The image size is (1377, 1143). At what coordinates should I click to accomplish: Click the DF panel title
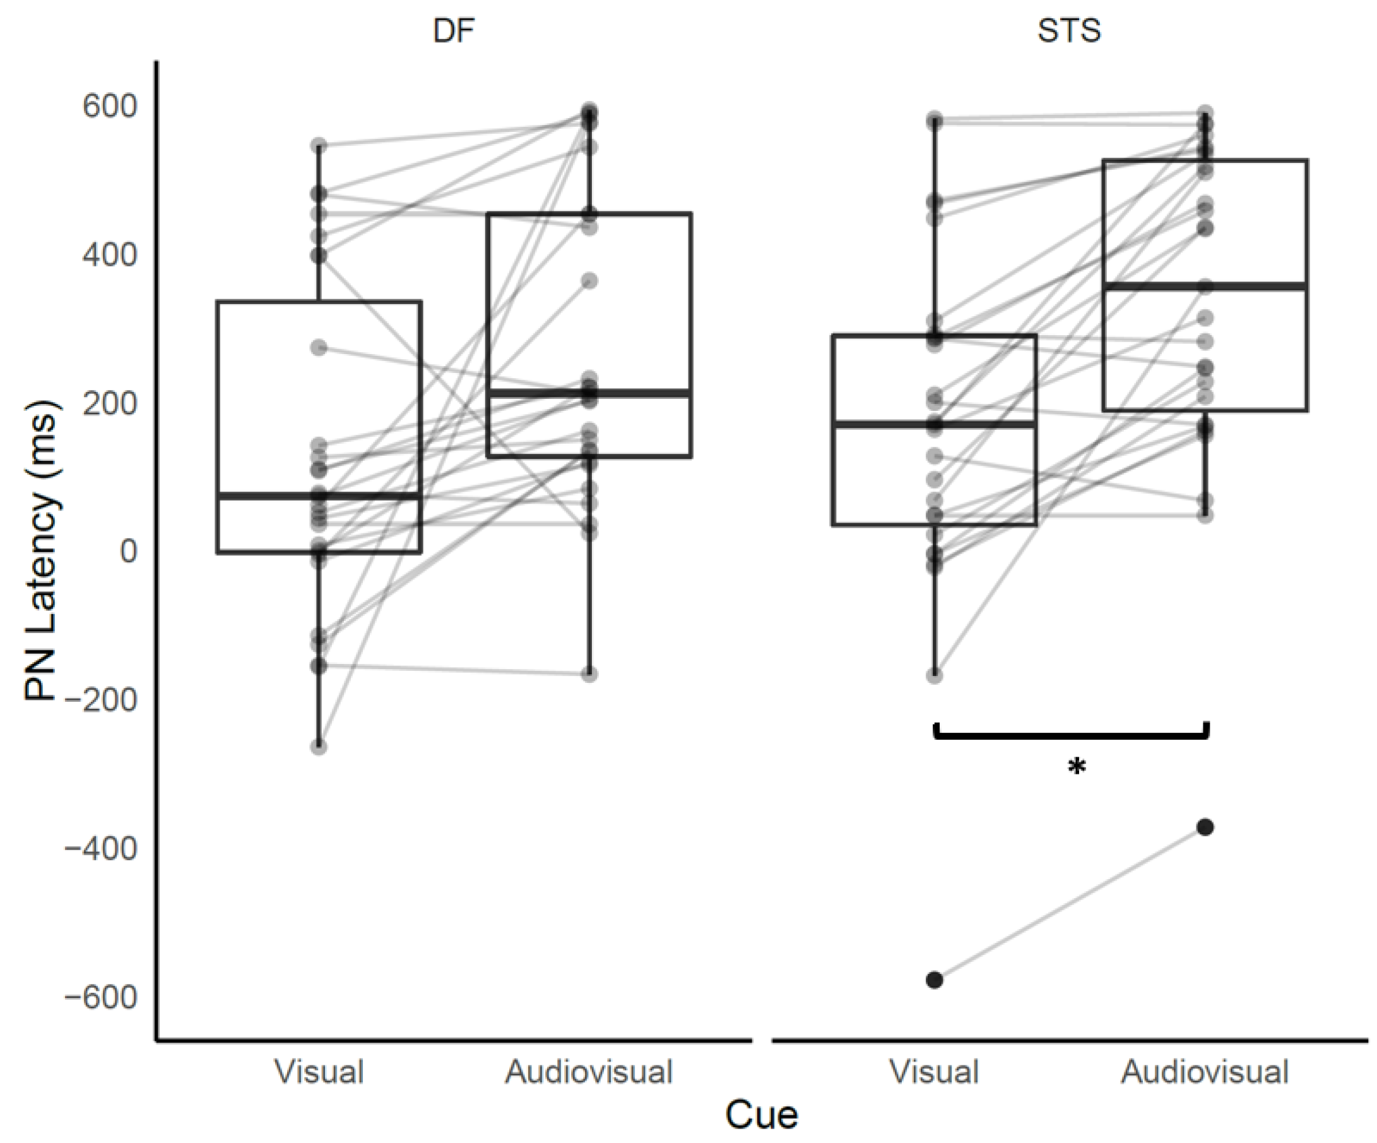coord(453,31)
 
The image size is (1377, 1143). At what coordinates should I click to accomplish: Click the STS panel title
coord(1069,31)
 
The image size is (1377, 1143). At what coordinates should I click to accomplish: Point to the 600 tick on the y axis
coord(109,107)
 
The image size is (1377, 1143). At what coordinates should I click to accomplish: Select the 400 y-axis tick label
coord(109,255)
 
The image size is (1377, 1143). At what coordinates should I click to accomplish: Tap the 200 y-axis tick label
coord(109,403)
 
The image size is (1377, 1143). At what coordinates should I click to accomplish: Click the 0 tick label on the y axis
coord(128,552)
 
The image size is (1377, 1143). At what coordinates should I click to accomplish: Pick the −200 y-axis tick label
coord(100,700)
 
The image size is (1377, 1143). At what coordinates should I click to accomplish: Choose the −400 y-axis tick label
coord(100,848)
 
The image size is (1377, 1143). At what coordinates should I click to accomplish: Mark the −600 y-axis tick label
coord(100,997)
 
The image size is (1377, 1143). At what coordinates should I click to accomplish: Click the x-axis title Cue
coord(761,1114)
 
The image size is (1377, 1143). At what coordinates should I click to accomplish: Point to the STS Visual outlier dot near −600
coord(935,980)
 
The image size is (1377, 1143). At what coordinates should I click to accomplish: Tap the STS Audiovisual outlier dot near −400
coord(1205,827)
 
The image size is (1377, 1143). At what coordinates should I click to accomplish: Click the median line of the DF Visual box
coord(319,495)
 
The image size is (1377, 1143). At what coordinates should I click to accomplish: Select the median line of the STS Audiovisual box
coord(1205,286)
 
